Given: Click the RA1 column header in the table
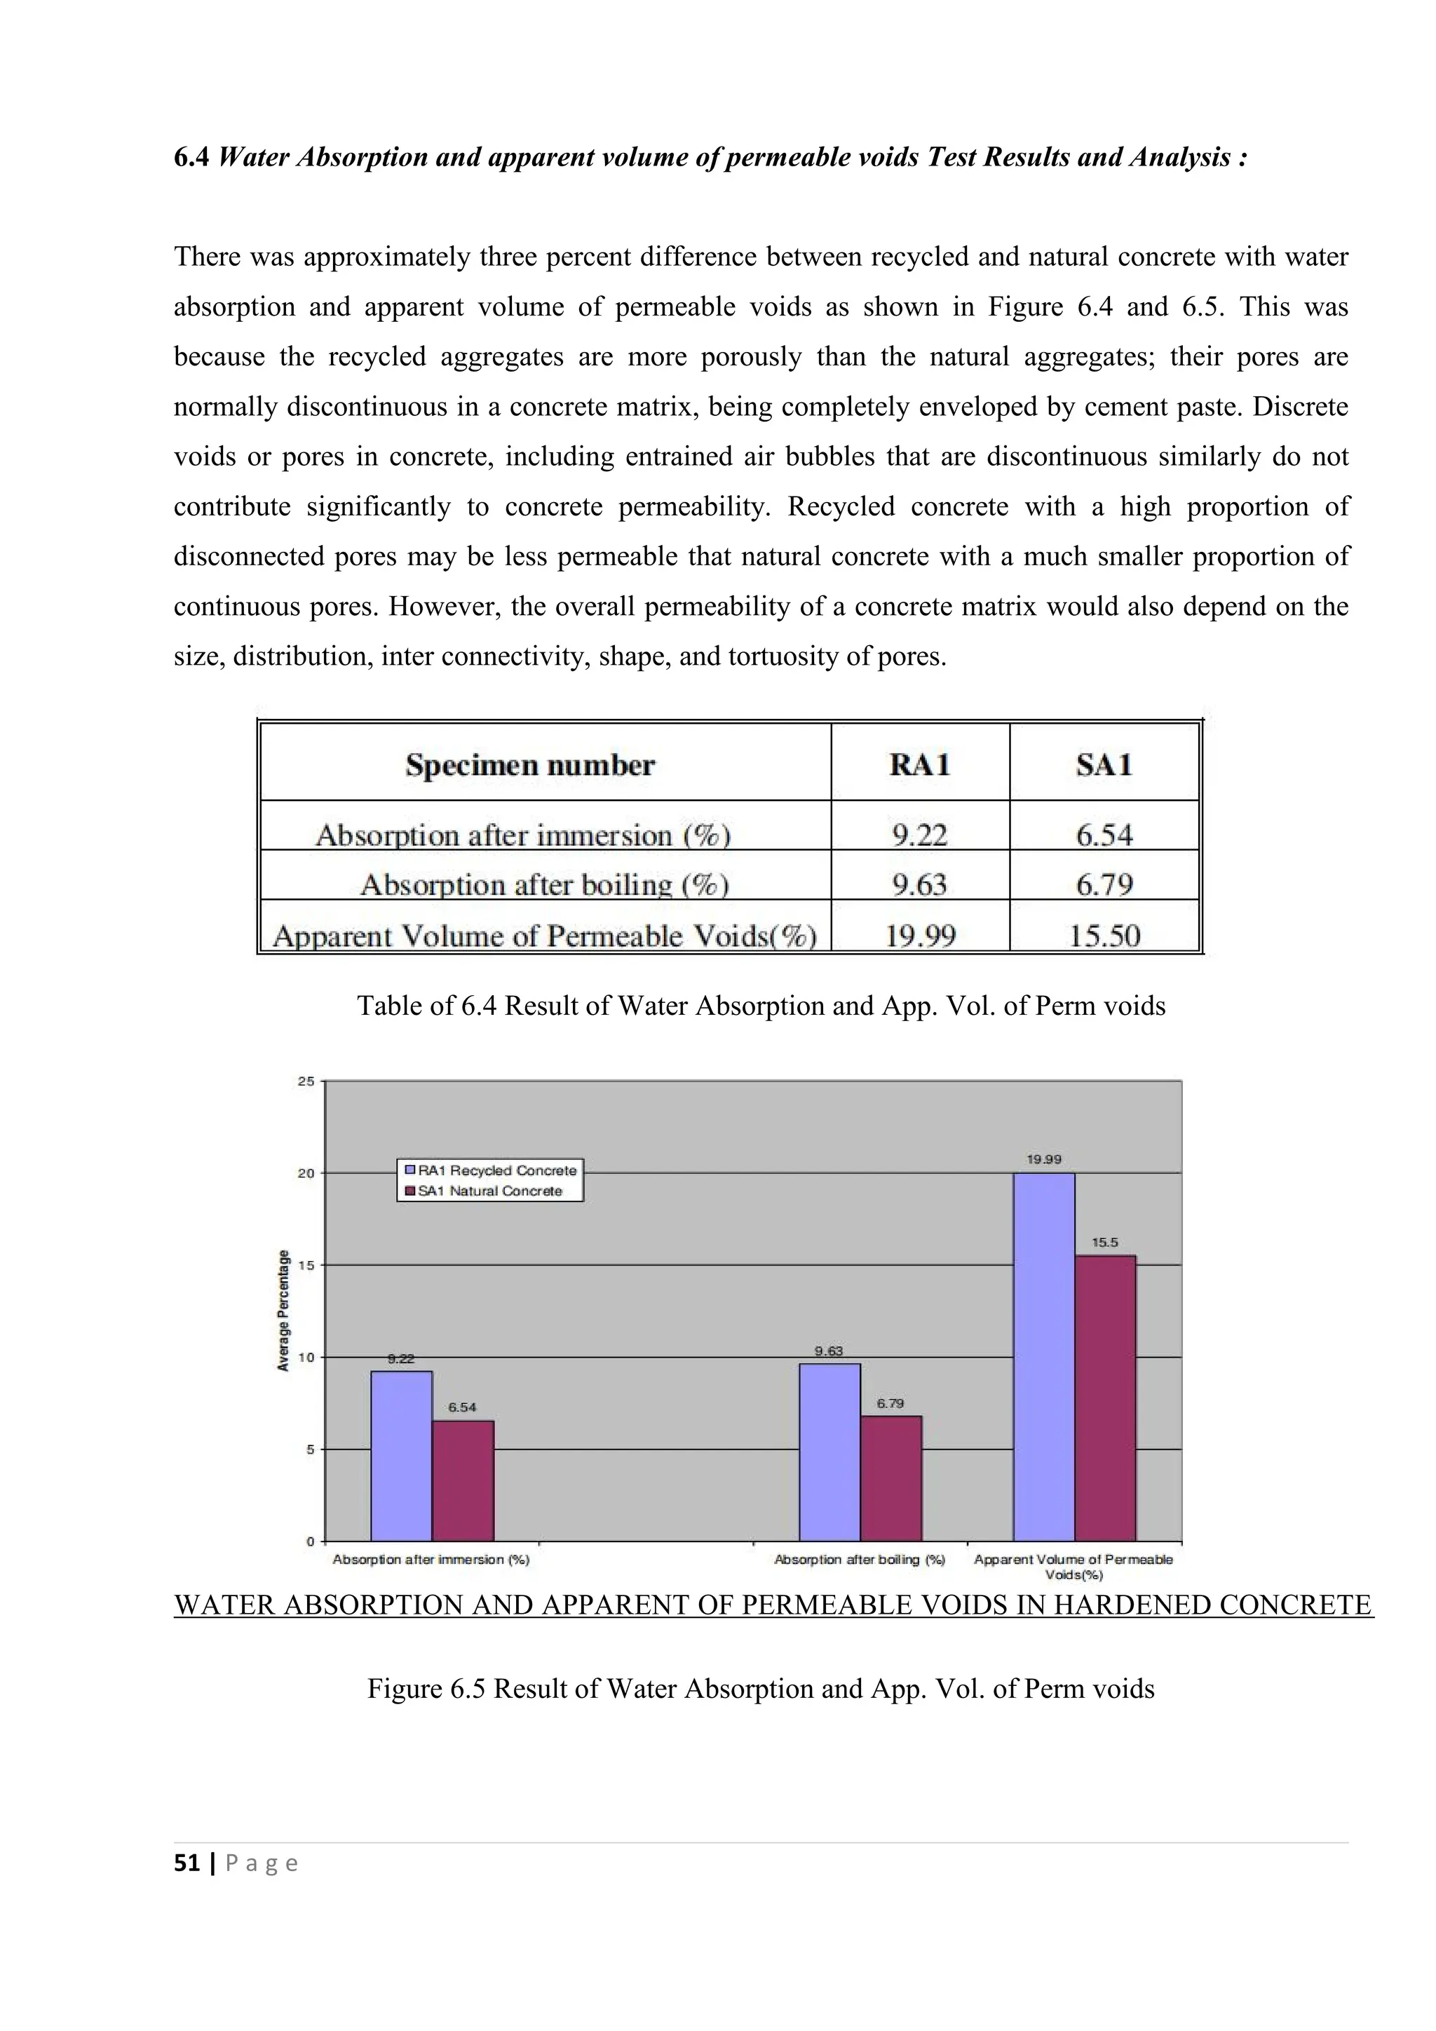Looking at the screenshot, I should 920,764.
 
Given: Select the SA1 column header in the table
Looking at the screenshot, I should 1104,764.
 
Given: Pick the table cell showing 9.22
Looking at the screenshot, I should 920,834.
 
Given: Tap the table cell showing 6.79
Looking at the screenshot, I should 1104,884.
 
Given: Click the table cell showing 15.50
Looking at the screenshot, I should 1104,935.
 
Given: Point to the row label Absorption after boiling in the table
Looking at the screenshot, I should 544,884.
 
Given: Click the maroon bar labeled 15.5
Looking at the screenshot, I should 1105,1398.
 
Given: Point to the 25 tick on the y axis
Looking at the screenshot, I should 306,1081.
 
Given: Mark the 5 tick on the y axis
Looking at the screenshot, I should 309,1449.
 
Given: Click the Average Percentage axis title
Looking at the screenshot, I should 284,1310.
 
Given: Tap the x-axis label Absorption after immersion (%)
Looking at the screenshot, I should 431,1560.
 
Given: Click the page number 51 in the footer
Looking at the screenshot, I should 187,1863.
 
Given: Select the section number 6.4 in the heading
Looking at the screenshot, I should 191,158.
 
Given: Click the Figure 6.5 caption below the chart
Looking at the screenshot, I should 761,1688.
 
